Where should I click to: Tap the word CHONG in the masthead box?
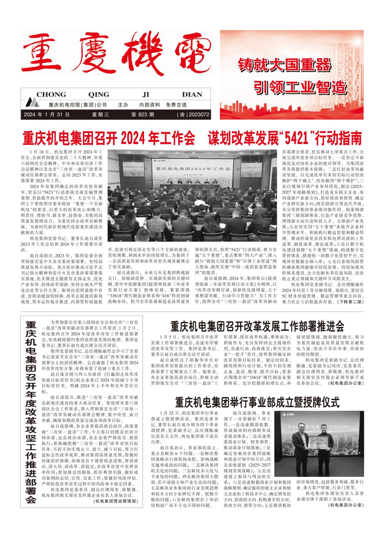[x=51, y=95]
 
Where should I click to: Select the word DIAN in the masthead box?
[x=192, y=95]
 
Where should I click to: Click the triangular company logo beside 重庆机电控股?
[x=33, y=103]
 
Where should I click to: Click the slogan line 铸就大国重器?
[x=285, y=65]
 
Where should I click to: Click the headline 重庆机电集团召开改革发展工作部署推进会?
[x=257, y=326]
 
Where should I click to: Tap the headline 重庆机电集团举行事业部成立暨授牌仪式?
[x=257, y=402]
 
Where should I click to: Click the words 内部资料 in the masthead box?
[x=150, y=105]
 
